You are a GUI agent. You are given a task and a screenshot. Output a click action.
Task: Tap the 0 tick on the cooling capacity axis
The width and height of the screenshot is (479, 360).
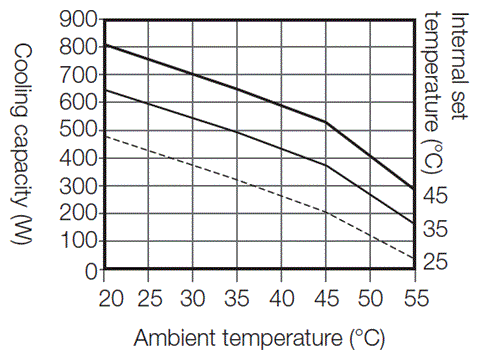tap(90, 270)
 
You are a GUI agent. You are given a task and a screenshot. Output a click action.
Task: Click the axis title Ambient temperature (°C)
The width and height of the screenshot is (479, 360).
tap(259, 337)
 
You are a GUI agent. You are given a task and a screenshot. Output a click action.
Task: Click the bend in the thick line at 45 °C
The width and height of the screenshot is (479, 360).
tap(326, 122)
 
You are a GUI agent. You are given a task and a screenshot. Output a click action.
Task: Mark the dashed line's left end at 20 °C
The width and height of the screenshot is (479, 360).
tap(106, 136)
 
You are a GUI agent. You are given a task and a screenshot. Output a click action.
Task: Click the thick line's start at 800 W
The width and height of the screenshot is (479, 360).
tap(106, 45)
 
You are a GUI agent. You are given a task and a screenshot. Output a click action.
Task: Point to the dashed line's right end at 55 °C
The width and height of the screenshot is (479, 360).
tap(413, 257)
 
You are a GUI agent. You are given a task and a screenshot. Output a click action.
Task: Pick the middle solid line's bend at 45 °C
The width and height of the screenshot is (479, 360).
tap(326, 165)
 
